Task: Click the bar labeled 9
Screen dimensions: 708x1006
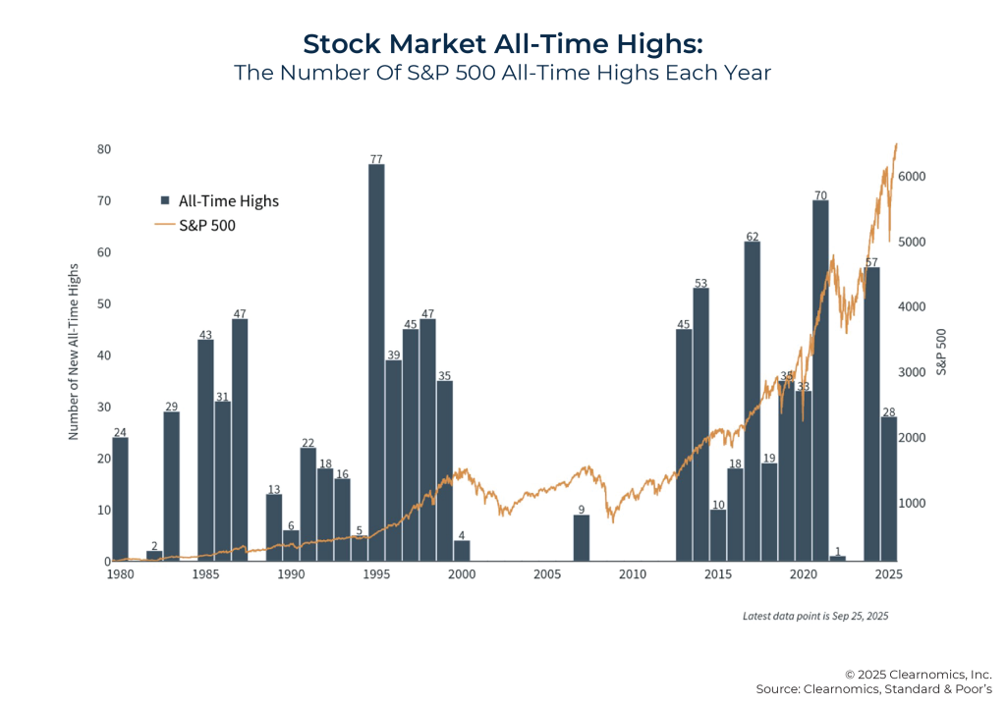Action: [x=582, y=538]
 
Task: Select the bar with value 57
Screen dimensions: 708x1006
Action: [x=871, y=413]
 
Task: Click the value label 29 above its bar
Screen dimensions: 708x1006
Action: [x=171, y=406]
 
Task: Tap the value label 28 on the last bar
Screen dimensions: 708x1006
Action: [x=888, y=410]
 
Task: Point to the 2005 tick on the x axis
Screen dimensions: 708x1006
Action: [x=547, y=573]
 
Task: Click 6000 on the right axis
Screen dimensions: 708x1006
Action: [x=925, y=177]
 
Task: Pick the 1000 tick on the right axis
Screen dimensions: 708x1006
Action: [x=925, y=503]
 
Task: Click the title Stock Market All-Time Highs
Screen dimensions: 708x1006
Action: [x=502, y=44]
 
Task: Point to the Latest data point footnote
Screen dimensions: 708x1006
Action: [x=814, y=616]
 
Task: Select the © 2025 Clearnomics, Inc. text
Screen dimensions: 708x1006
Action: [x=918, y=674]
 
